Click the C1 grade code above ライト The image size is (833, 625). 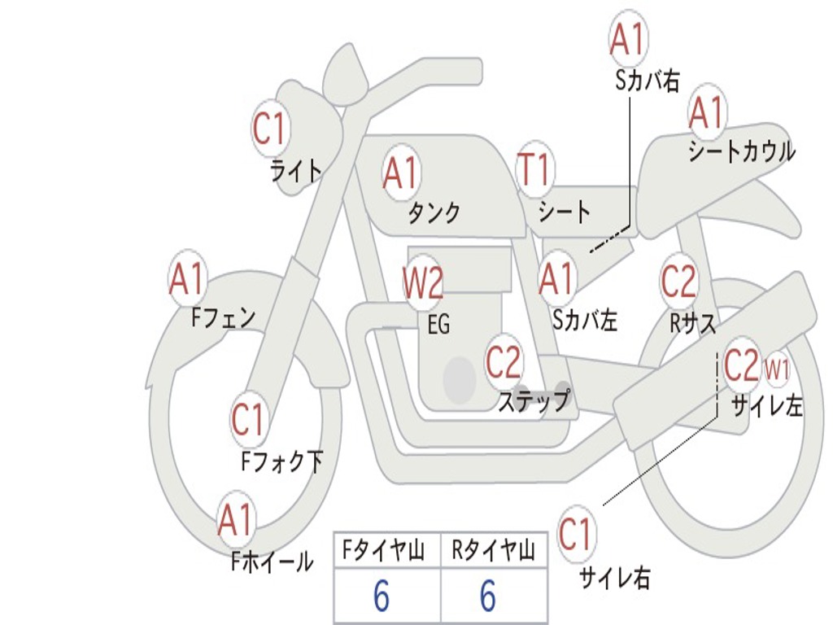271,128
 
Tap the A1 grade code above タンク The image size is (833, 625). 400,173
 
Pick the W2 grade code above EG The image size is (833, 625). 423,283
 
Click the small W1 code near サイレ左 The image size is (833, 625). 777,369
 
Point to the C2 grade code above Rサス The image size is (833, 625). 678,282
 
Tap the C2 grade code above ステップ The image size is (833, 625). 504,361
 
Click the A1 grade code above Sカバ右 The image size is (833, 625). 628,39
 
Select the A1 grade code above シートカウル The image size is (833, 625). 707,113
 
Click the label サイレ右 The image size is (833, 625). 615,578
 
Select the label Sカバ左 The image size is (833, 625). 585,320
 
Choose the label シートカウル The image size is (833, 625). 741,152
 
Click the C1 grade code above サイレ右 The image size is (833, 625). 576,534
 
